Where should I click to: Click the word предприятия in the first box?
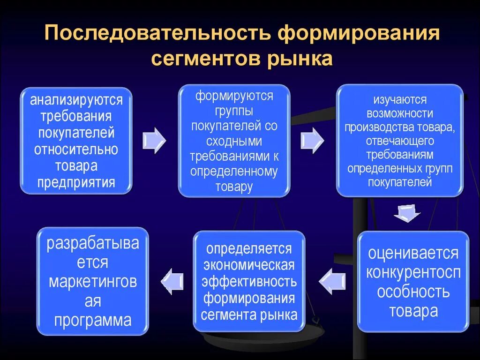(x=76, y=182)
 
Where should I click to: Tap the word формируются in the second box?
(x=234, y=97)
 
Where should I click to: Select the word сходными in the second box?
(x=234, y=141)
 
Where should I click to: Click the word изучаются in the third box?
(x=400, y=100)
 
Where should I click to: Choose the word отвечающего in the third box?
(x=400, y=141)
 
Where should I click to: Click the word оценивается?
(x=413, y=253)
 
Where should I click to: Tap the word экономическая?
(x=249, y=265)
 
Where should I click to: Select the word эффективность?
(x=249, y=282)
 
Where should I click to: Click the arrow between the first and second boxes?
(x=154, y=140)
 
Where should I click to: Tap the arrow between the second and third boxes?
(x=312, y=139)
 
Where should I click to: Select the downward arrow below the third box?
(x=406, y=213)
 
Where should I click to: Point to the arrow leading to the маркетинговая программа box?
(x=172, y=281)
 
